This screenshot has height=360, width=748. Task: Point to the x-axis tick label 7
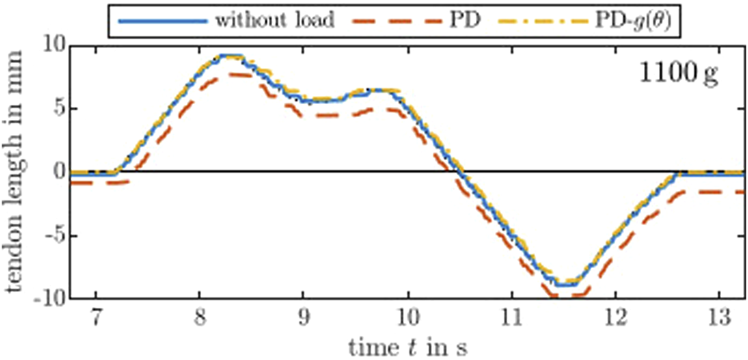(x=96, y=318)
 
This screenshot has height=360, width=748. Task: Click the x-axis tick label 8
(x=199, y=318)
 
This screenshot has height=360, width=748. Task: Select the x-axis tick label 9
(x=303, y=318)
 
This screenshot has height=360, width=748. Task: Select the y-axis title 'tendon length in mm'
(x=15, y=173)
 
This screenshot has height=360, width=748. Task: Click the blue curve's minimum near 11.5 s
(x=565, y=284)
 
